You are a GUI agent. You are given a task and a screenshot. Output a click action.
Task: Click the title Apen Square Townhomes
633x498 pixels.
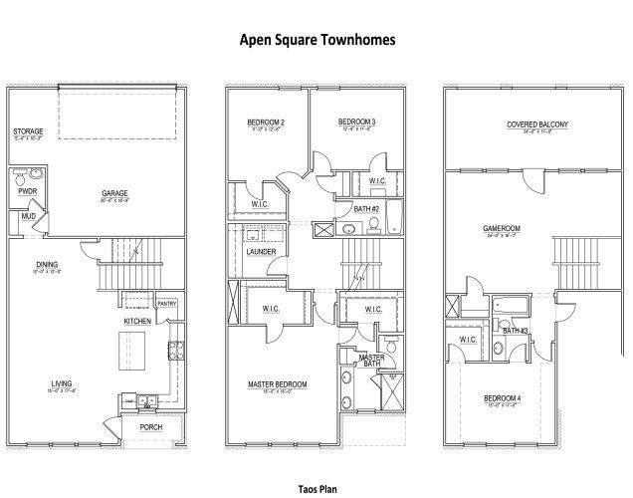click(x=317, y=41)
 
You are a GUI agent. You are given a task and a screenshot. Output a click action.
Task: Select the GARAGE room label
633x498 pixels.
click(x=115, y=193)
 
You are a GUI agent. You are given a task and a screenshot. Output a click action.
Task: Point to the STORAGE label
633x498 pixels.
click(x=28, y=131)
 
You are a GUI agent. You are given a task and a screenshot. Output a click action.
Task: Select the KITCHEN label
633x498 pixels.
click(x=137, y=322)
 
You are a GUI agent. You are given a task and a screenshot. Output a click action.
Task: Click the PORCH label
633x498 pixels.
click(x=150, y=427)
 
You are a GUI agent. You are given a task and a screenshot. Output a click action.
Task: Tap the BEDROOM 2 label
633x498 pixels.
click(x=266, y=123)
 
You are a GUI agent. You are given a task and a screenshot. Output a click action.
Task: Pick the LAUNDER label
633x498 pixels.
click(x=261, y=251)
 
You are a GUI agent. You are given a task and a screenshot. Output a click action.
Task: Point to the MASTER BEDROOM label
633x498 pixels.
click(x=277, y=383)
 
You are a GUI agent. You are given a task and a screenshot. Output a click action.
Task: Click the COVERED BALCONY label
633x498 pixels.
click(x=536, y=124)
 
